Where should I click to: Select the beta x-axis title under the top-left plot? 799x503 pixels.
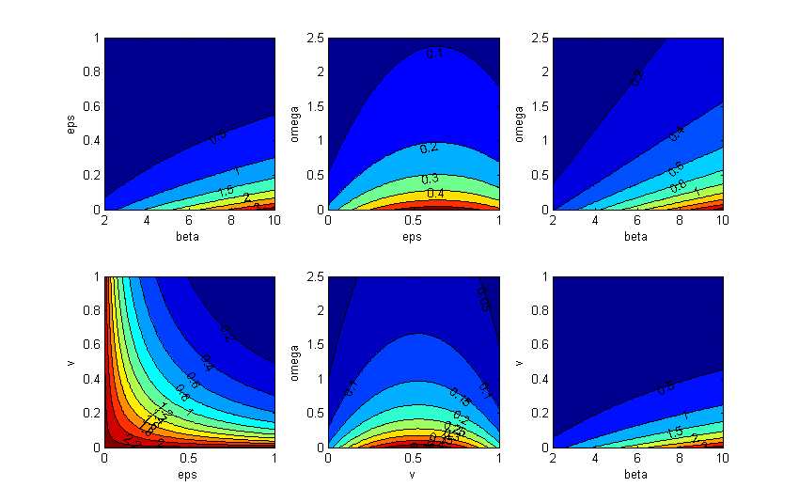[x=190, y=236]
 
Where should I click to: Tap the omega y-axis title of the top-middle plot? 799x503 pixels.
[x=295, y=123]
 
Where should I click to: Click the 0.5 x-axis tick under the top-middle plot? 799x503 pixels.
[x=414, y=222]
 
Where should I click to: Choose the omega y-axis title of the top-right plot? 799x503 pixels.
[x=520, y=123]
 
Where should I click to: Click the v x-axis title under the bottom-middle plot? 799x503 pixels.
[x=414, y=475]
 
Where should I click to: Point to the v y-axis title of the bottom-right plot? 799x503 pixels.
[x=520, y=362]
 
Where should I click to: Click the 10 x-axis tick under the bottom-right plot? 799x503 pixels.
[x=723, y=461]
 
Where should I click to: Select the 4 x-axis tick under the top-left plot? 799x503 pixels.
[x=148, y=222]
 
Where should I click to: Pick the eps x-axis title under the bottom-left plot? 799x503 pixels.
[x=190, y=475]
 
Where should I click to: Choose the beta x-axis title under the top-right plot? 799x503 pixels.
[x=638, y=236]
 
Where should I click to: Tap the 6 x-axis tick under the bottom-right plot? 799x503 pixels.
[x=639, y=461]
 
